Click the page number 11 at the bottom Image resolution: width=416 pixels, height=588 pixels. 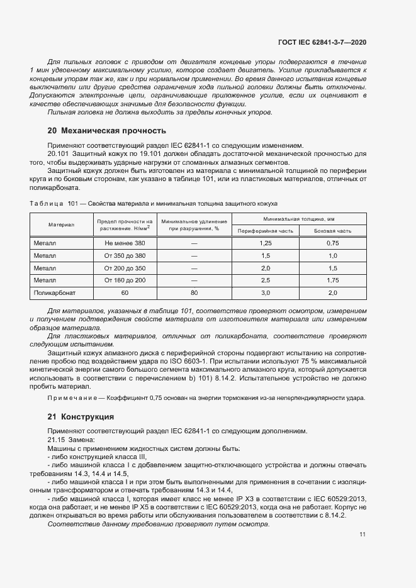coord(363,534)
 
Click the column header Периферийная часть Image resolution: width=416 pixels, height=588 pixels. coord(265,231)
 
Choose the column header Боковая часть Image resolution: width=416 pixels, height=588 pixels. coord(333,231)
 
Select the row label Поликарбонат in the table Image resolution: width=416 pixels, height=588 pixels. coord(53,293)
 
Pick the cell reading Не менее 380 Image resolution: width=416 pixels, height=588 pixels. coord(125,243)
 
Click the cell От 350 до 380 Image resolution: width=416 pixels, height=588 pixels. coord(125,256)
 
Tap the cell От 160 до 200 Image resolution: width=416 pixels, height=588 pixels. coord(125,280)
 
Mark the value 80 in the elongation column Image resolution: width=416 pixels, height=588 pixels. coord(194,293)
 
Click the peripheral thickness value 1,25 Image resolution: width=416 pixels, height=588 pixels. coord(265,243)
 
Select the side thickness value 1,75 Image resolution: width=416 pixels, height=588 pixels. coord(333,280)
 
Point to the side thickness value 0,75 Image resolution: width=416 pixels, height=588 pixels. coord(333,243)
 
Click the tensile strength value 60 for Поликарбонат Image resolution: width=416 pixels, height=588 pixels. coord(125,293)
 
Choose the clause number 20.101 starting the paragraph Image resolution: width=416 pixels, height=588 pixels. coord(59,153)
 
